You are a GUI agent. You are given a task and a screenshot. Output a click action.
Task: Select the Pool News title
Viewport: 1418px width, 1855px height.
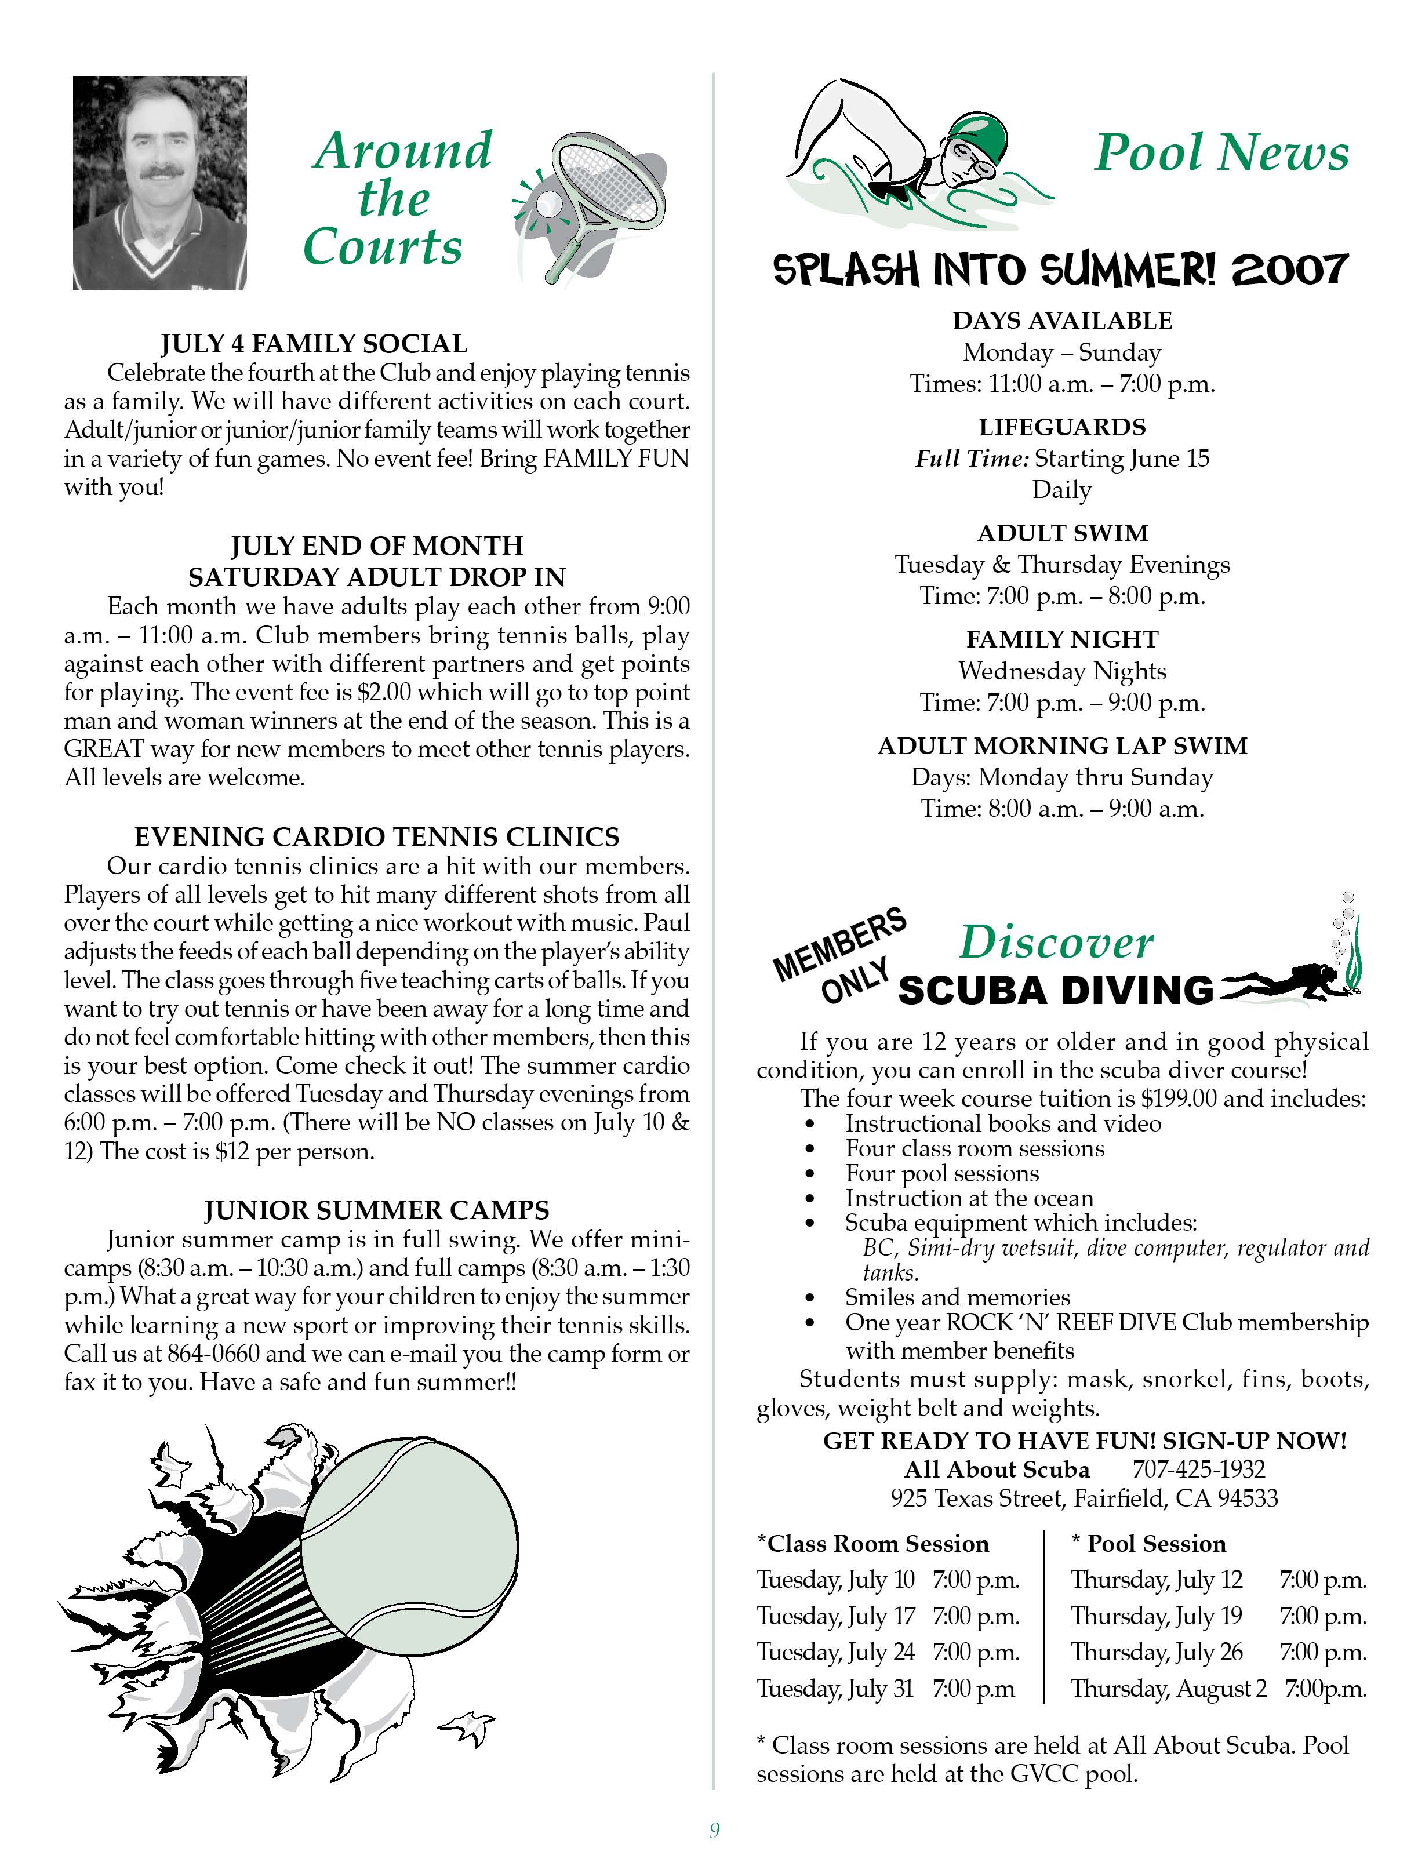point(1220,153)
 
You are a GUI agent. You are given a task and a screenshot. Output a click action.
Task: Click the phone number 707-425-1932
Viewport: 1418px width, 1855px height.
point(1198,1470)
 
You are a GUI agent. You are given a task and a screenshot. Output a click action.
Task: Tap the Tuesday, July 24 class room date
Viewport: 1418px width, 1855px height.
point(835,1652)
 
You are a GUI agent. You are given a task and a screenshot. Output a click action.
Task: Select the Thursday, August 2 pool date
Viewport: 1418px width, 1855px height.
point(1169,1689)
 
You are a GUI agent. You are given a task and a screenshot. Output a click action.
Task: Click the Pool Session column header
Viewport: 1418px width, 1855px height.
point(1155,1544)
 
